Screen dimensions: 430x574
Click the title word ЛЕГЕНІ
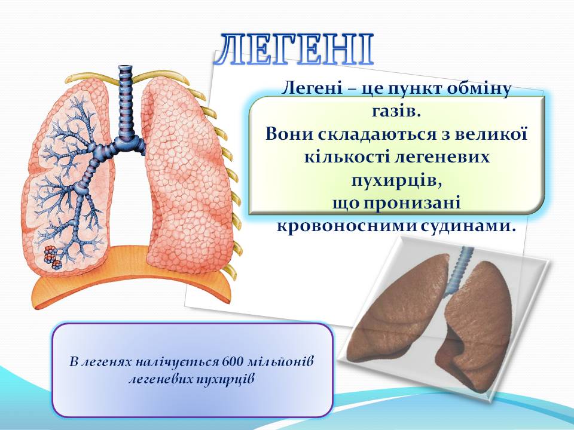click(x=294, y=50)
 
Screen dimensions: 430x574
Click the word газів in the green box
click(x=396, y=110)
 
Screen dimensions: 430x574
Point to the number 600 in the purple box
click(x=231, y=362)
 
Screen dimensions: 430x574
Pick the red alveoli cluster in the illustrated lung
click(x=53, y=257)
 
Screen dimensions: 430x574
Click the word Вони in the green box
click(x=289, y=133)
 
